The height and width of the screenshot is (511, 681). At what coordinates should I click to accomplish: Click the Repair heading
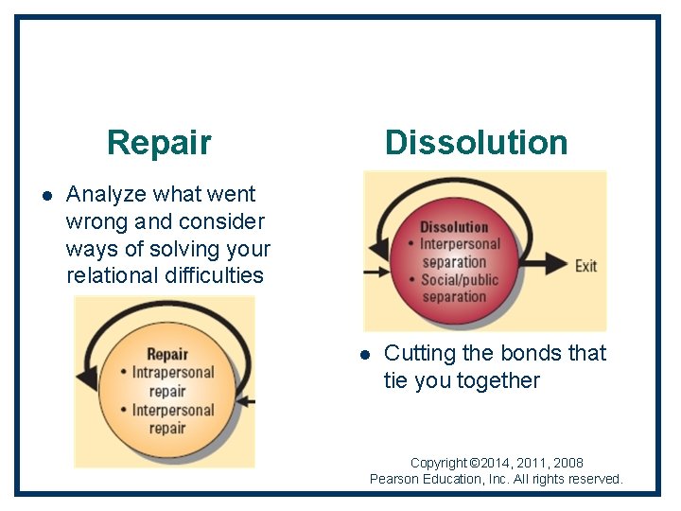159,143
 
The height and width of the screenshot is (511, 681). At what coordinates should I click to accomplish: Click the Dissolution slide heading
476,143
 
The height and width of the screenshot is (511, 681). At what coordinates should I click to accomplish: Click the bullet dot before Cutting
364,355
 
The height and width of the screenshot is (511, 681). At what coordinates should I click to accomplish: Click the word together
497,380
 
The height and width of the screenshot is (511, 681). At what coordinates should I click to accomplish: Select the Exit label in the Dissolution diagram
585,266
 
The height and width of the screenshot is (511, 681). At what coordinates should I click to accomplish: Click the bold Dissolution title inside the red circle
454,227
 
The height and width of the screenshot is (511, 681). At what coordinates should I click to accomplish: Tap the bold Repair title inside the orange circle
167,355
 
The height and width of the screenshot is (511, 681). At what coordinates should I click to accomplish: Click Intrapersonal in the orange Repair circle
173,373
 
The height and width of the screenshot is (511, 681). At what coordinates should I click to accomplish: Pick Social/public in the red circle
458,279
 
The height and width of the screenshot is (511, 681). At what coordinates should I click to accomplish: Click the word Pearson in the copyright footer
396,479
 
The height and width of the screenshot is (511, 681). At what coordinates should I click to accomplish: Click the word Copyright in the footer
439,463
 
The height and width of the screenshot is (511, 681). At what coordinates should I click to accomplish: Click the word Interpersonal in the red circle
460,245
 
